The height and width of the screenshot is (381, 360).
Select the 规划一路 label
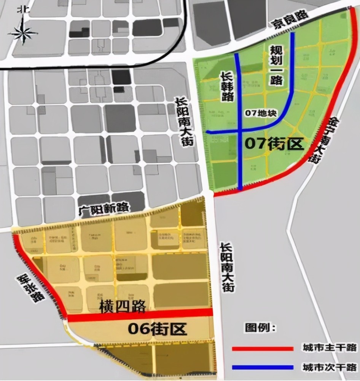coord(277,66)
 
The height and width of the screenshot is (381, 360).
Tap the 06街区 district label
coord(158,328)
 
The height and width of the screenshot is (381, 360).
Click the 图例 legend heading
coord(261,327)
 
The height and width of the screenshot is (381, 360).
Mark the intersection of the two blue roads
coord(239,131)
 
